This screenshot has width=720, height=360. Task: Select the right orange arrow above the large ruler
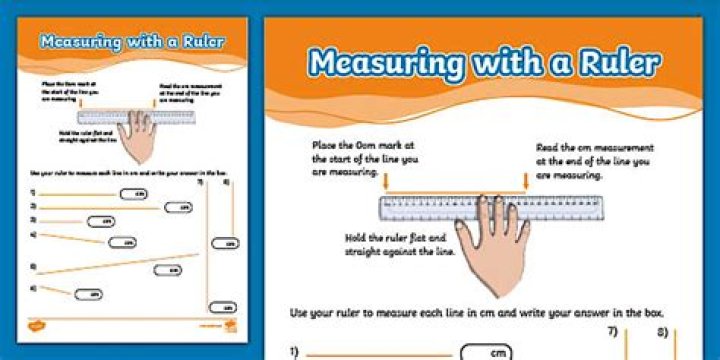pyautogui.click(x=527, y=182)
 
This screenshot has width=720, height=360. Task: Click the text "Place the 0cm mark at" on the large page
pyautogui.click(x=356, y=146)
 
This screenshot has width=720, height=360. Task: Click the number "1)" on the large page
pyautogui.click(x=296, y=351)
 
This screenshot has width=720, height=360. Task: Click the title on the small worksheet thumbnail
pyautogui.click(x=131, y=42)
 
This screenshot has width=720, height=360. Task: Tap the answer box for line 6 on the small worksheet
pyautogui.click(x=91, y=294)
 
